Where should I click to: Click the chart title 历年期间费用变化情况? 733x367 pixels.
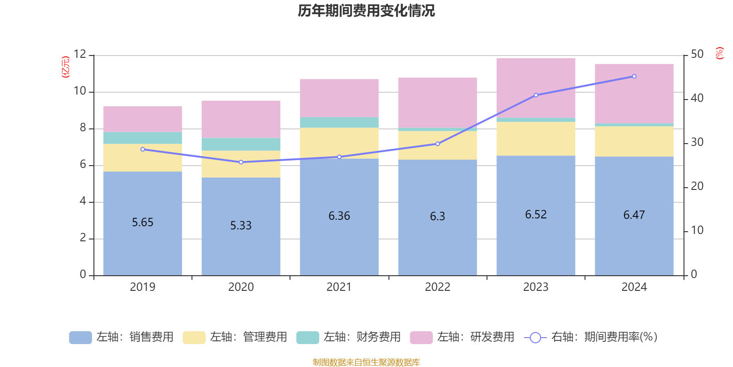pos(366,11)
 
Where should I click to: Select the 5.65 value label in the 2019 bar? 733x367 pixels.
pos(142,222)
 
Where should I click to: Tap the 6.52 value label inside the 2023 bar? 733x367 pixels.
pos(536,215)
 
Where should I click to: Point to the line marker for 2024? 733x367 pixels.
pos(634,77)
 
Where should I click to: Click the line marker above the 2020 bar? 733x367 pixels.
pos(241,162)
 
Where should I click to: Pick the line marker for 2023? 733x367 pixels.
pos(536,95)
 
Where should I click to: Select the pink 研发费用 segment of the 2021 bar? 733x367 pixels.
pos(339,98)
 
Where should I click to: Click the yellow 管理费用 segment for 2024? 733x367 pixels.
pos(634,141)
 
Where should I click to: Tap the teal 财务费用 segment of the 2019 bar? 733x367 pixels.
pos(142,138)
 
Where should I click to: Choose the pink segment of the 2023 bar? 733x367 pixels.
pos(536,87)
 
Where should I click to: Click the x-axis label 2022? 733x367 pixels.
pos(438,287)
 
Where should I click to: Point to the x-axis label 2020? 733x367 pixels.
pos(241,287)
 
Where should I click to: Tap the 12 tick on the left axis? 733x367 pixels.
pos(80,55)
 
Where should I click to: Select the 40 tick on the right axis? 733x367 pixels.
pos(697,98)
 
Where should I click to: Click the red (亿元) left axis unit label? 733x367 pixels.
pos(66,67)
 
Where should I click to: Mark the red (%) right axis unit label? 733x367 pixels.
pos(720,53)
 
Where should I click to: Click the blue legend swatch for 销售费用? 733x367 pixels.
pos(80,337)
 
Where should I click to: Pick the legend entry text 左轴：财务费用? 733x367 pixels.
pos(362,337)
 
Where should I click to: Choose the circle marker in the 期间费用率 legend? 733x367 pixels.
pos(535,338)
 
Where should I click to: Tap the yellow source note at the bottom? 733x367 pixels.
pos(366,362)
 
